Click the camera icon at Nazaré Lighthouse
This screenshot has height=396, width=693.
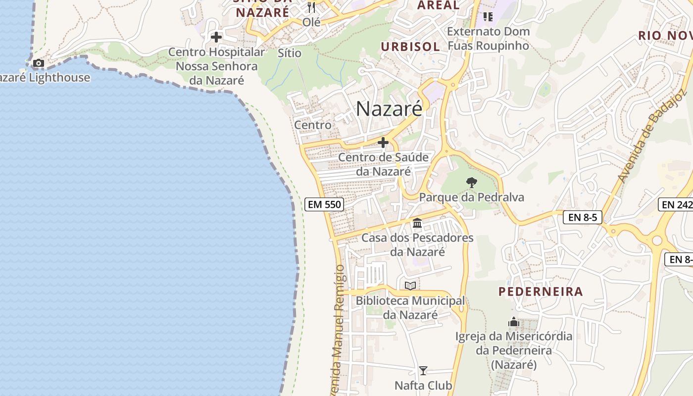[x=39, y=63]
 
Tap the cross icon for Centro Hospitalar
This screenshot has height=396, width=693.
[x=216, y=37]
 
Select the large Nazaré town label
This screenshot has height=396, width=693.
[x=389, y=109]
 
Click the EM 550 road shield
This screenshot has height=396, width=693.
[x=324, y=204]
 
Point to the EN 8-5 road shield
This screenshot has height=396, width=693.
[x=582, y=217]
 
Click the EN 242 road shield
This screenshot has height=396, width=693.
[x=676, y=204]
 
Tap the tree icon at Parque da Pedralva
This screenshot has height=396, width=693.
[x=471, y=183]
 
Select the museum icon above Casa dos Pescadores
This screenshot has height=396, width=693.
[x=417, y=223]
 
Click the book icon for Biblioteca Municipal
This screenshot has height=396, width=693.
[x=410, y=286]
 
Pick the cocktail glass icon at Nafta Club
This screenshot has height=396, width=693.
[x=423, y=371]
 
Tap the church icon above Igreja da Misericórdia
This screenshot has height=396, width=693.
[x=514, y=322]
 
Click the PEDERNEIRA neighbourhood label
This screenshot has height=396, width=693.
[x=541, y=291]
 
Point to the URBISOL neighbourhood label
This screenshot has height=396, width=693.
[x=410, y=47]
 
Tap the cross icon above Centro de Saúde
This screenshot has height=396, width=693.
[x=383, y=143]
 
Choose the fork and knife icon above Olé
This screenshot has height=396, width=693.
[x=311, y=7]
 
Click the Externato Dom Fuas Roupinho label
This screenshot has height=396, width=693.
[x=488, y=39]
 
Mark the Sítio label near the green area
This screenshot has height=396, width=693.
[x=290, y=52]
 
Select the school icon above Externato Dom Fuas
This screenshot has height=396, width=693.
[x=488, y=17]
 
